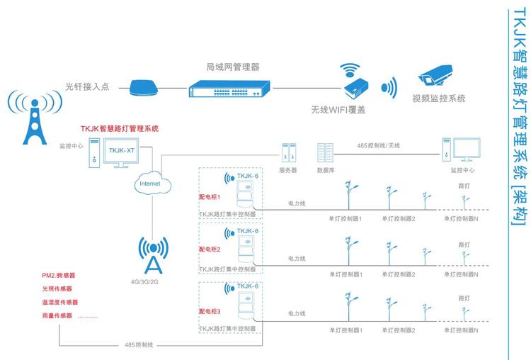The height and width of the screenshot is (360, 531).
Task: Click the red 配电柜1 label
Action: tap(210, 196)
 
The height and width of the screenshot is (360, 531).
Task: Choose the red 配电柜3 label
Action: tap(210, 310)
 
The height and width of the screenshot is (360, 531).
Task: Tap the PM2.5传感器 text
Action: tap(58, 275)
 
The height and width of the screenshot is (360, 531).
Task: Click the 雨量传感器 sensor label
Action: tap(57, 315)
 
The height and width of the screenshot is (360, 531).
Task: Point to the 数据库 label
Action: tap(326, 170)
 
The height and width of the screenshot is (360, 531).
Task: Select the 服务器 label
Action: tap(288, 170)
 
